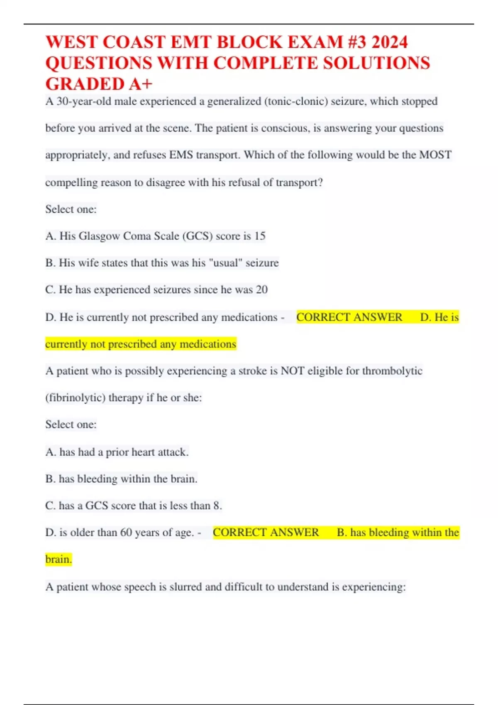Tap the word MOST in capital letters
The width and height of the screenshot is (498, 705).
coord(435,155)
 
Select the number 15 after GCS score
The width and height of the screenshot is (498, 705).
coord(260,236)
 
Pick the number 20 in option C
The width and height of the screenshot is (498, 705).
coord(261,289)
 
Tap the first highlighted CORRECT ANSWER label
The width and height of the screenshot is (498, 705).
coord(349,317)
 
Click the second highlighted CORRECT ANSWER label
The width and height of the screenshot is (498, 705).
coord(266,532)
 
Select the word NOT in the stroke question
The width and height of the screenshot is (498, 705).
coord(291,371)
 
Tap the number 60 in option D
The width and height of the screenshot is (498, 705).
coord(126,532)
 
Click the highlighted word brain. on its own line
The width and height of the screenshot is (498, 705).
coord(59,559)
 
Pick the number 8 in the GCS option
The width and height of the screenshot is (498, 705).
coord(217,506)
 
